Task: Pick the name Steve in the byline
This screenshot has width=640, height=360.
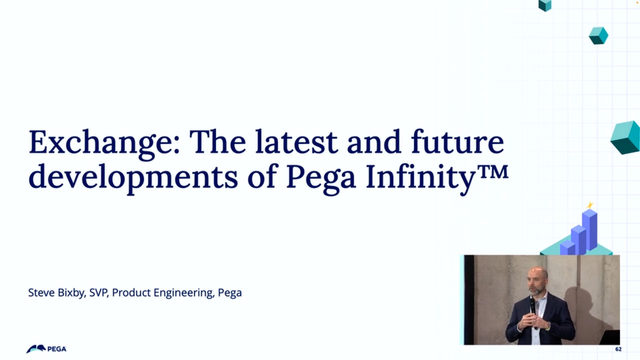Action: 43,293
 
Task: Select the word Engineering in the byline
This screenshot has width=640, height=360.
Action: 194,293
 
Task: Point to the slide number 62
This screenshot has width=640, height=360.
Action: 618,348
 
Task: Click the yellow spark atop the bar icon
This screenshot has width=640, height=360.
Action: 589,206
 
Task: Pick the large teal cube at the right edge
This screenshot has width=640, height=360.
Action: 626,137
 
